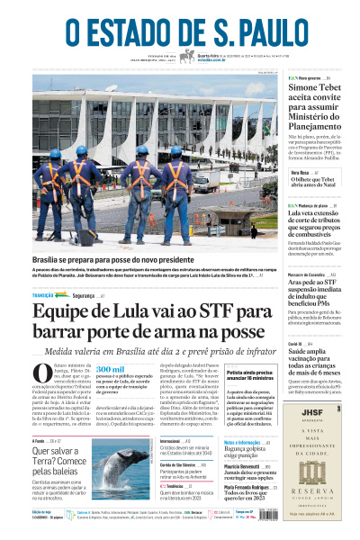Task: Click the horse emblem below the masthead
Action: [187, 56]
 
